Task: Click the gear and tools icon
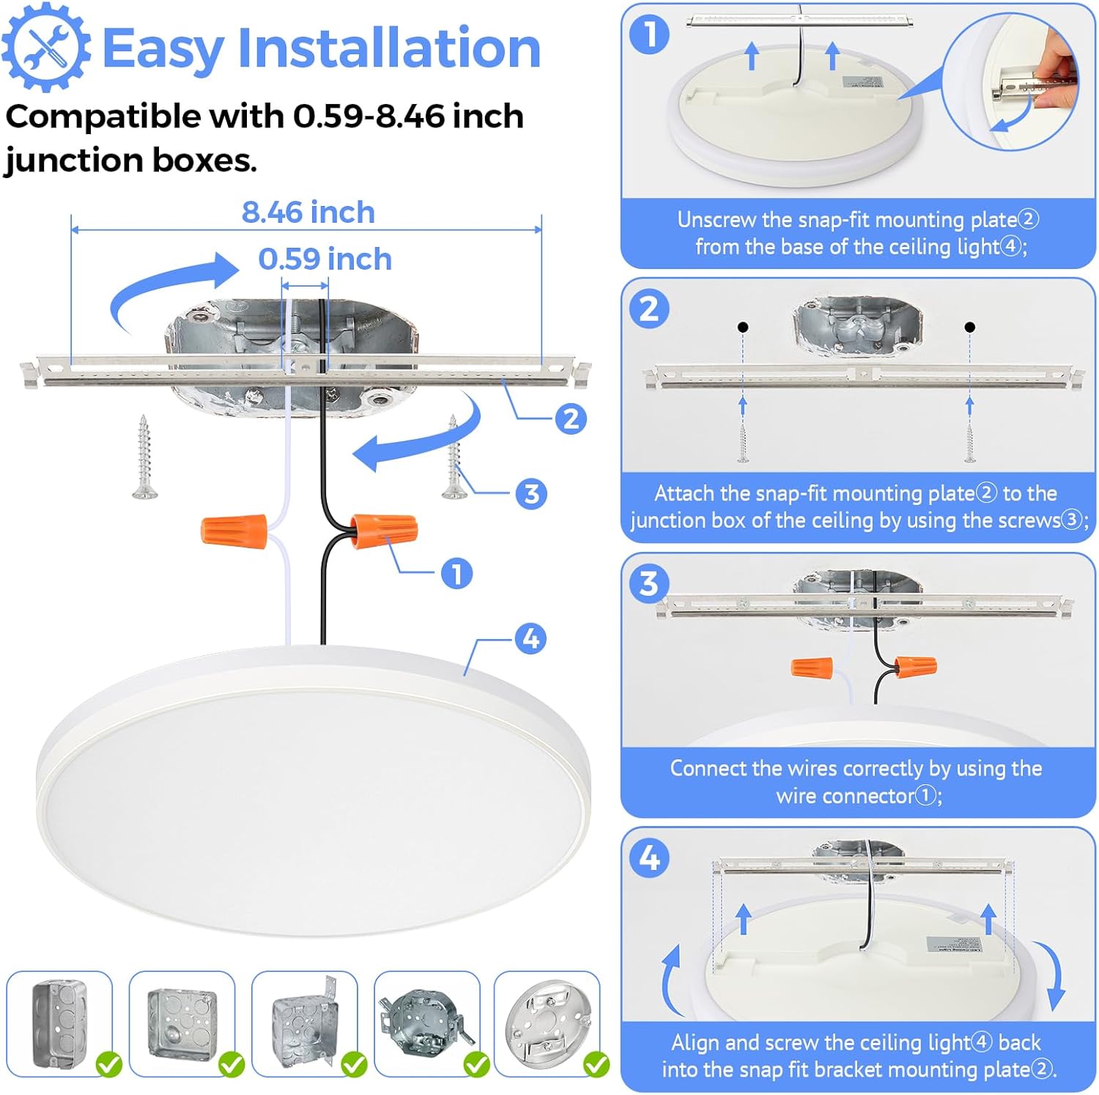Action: click(46, 47)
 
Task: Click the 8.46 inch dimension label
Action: click(308, 213)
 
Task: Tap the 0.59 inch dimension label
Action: click(325, 259)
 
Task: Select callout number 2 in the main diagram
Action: click(570, 419)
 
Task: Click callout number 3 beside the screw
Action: click(531, 493)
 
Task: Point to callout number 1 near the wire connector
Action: click(456, 574)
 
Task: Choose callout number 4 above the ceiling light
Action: click(530, 638)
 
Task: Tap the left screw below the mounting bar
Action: click(144, 458)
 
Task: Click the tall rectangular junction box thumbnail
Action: click(59, 1022)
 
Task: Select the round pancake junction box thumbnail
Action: click(547, 1021)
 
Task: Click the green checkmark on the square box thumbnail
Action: click(232, 1063)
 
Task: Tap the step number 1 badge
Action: click(649, 34)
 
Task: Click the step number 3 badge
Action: click(649, 584)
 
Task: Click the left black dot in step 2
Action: click(743, 327)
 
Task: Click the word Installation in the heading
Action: click(389, 48)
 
